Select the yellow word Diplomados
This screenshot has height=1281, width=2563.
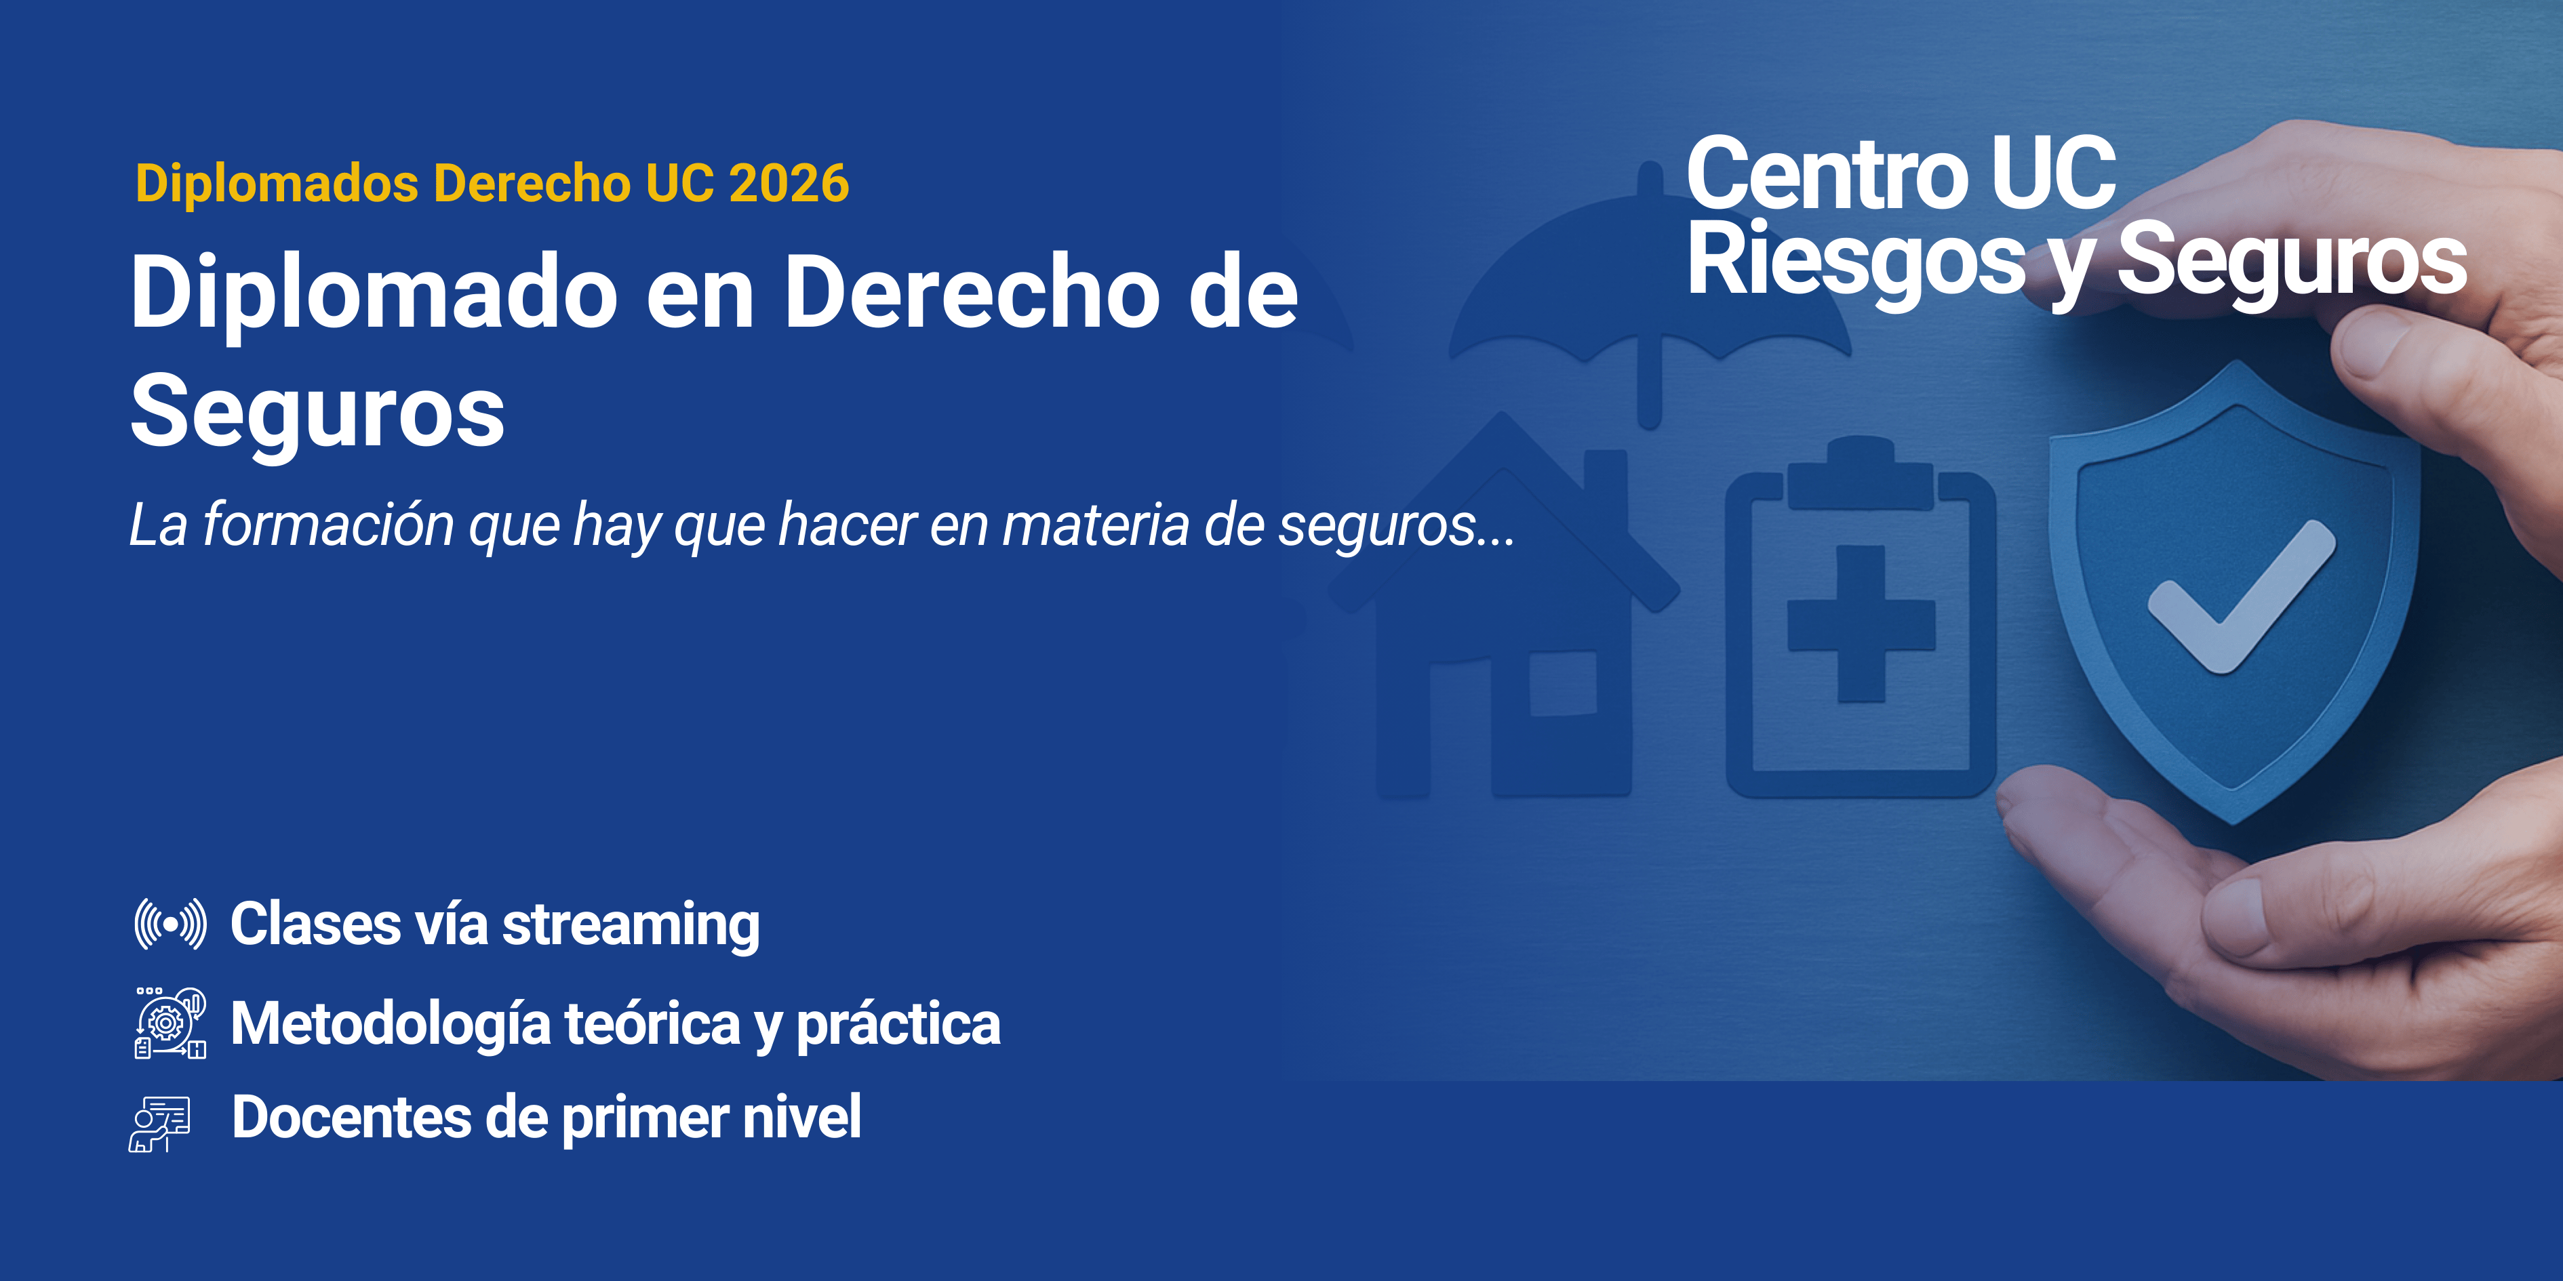277,184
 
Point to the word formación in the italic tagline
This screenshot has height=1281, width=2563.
328,525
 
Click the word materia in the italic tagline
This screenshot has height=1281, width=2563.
1094,525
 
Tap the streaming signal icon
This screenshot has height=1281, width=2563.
170,924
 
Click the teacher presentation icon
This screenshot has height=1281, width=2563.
159,1124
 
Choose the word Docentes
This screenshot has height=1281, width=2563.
351,1117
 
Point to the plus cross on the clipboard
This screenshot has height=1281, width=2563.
1861,624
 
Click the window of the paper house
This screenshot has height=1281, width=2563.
1562,685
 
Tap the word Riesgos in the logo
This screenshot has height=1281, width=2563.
1856,260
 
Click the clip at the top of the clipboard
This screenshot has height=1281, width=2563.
1860,473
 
